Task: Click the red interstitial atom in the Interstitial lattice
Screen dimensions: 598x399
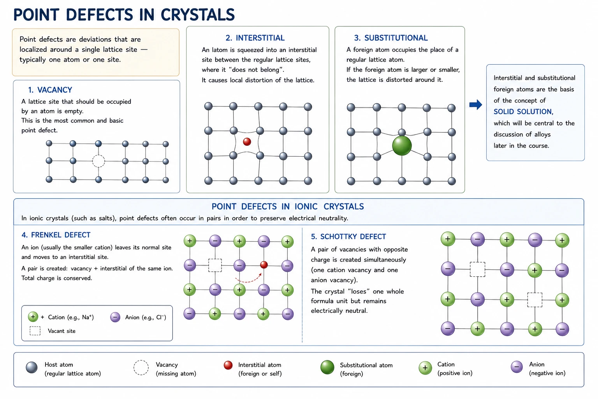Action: [247, 142]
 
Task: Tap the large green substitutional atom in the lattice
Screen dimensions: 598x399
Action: [402, 146]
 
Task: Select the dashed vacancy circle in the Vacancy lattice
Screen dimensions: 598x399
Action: [98, 161]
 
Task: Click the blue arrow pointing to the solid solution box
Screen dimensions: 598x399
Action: [476, 104]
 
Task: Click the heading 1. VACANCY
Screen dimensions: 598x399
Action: [50, 90]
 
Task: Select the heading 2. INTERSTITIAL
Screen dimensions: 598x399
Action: [255, 38]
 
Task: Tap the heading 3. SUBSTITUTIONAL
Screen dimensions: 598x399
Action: [391, 38]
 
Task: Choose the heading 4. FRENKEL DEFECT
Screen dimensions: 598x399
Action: [56, 235]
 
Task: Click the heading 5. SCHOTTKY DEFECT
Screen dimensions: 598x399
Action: [348, 237]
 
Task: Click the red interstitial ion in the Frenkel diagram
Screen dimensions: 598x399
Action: [264, 265]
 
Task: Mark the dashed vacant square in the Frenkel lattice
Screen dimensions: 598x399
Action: [215, 265]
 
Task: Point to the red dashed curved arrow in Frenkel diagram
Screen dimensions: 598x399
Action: [248, 281]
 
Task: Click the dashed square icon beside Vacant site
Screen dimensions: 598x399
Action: [35, 331]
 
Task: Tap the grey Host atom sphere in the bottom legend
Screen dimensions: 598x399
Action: [32, 367]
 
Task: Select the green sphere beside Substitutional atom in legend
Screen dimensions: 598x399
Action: [327, 367]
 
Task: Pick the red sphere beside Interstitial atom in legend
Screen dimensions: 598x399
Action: [228, 365]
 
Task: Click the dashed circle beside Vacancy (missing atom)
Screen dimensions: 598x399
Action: [141, 368]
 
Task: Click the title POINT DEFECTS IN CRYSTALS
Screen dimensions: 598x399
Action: [124, 14]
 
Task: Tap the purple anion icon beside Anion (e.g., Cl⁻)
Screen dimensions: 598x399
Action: [115, 317]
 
